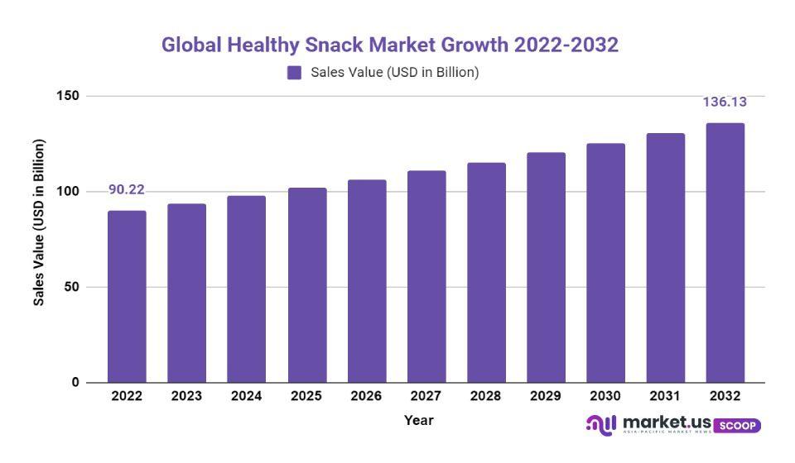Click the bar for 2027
[426, 276]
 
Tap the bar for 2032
[725, 252]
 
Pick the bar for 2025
[307, 284]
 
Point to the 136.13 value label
[725, 103]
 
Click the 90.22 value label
[126, 190]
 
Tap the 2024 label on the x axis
[247, 397]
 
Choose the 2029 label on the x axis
[546, 397]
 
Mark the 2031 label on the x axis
[665, 397]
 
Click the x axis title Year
[418, 421]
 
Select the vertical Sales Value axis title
[39, 222]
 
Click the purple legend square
[294, 73]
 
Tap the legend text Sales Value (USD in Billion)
[395, 73]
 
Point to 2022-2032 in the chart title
[566, 45]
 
